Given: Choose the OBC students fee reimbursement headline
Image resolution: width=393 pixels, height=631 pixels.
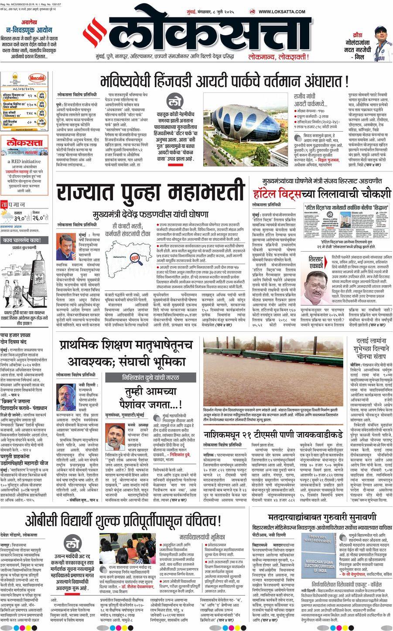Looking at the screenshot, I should pos(123,520).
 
